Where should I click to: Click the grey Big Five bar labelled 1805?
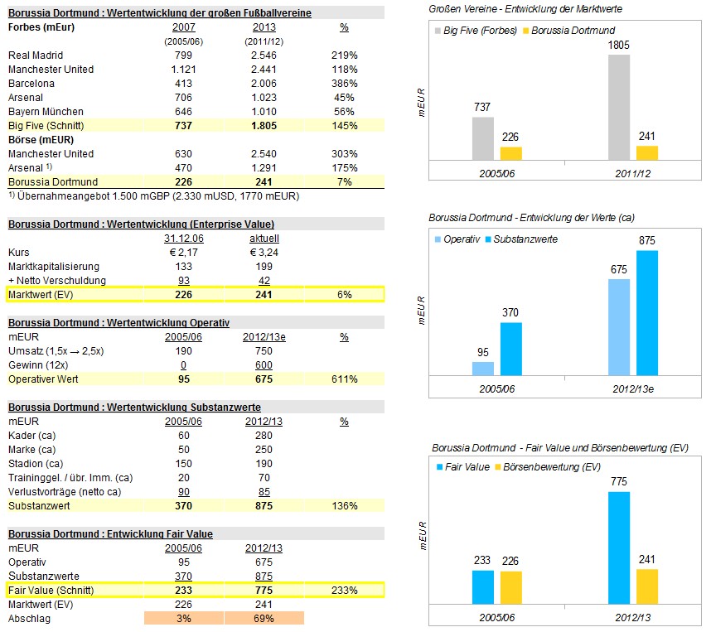[x=618, y=107]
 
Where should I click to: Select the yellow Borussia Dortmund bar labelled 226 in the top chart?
[x=511, y=153]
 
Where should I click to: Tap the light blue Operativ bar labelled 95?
[x=482, y=368]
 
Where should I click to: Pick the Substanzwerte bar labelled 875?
[x=647, y=312]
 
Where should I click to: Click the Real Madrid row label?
[x=36, y=55]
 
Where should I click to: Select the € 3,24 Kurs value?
[x=263, y=252]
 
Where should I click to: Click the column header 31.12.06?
[x=184, y=238]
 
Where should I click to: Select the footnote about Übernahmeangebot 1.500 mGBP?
[x=153, y=196]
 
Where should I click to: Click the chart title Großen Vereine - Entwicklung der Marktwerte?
[x=525, y=8]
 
